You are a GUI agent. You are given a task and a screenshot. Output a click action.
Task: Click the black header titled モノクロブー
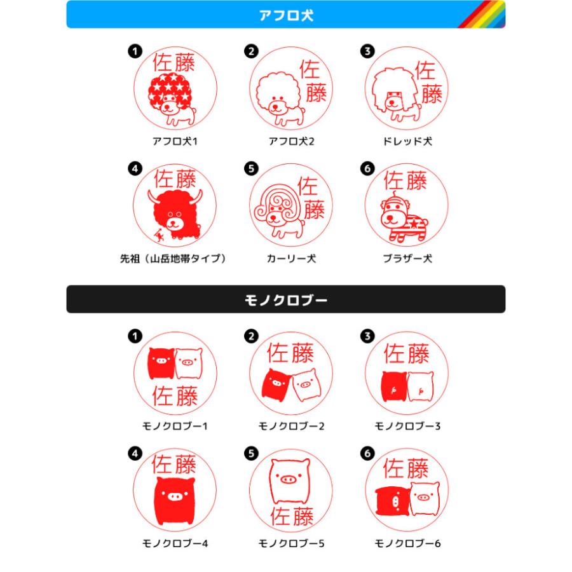(285, 299)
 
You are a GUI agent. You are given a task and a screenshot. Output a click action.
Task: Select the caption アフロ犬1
(175, 141)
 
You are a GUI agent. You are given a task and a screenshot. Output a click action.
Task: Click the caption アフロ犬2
(291, 141)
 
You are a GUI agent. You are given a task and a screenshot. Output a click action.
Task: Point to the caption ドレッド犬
(407, 141)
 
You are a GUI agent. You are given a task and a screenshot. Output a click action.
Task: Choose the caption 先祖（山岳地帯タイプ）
(175, 259)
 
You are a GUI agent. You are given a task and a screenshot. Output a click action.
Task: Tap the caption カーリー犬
(291, 259)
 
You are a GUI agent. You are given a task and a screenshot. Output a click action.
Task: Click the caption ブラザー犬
(407, 259)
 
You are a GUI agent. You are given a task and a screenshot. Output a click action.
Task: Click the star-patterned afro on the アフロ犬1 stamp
(170, 90)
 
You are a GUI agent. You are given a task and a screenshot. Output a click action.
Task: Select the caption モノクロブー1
(175, 426)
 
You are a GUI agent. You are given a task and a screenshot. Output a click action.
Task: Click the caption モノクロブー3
(407, 426)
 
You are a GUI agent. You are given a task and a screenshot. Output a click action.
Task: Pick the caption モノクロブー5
(291, 543)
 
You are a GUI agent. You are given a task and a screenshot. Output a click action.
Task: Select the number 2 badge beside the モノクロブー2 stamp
(251, 336)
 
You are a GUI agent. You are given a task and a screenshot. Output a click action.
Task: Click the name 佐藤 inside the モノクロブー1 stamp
(175, 395)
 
